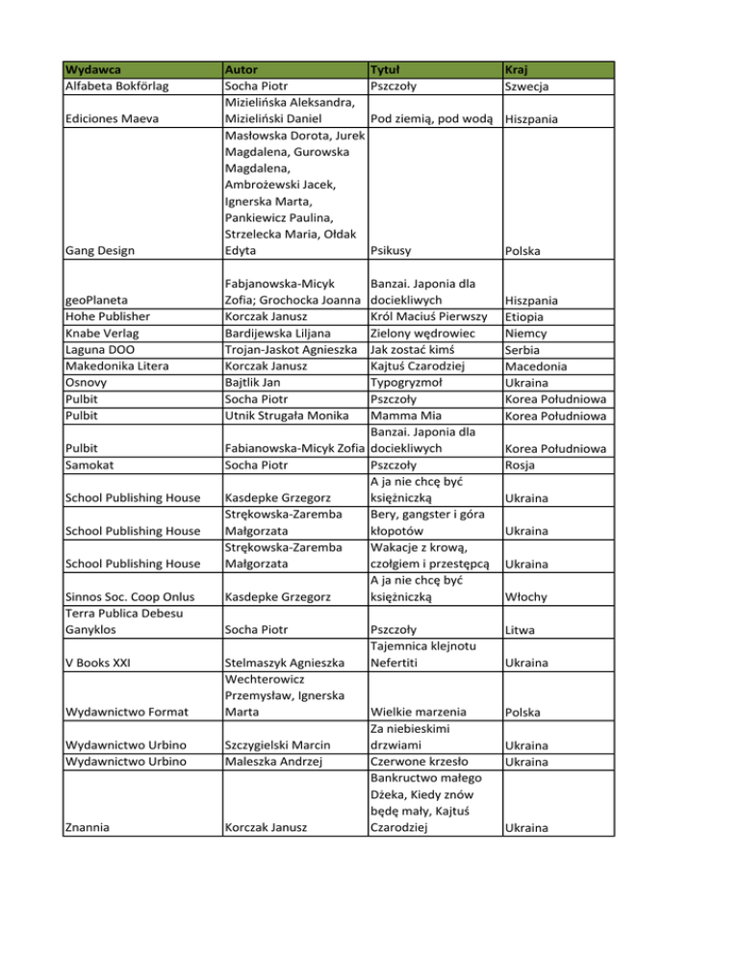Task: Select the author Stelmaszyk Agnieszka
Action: click(x=284, y=664)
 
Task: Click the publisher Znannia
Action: click(x=89, y=827)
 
